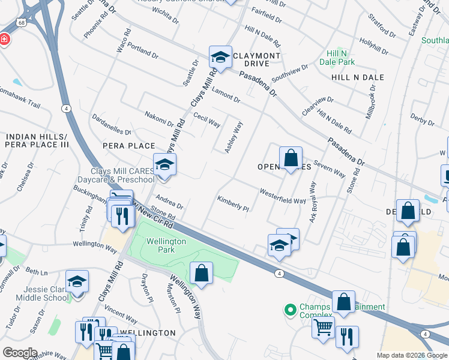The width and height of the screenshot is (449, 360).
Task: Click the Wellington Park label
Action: point(166,245)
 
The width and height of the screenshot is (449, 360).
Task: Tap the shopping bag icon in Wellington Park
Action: point(201,274)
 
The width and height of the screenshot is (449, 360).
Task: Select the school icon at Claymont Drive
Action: point(220,58)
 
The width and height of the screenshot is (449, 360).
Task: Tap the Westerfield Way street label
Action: point(282,196)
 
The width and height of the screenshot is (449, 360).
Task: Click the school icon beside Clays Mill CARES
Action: point(164,166)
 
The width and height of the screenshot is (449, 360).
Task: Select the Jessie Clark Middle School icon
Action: point(77,282)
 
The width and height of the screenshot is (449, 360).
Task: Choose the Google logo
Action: point(19,352)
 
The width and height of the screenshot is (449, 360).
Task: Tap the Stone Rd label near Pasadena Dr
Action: point(354,180)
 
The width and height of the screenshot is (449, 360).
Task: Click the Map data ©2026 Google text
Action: point(412,355)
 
